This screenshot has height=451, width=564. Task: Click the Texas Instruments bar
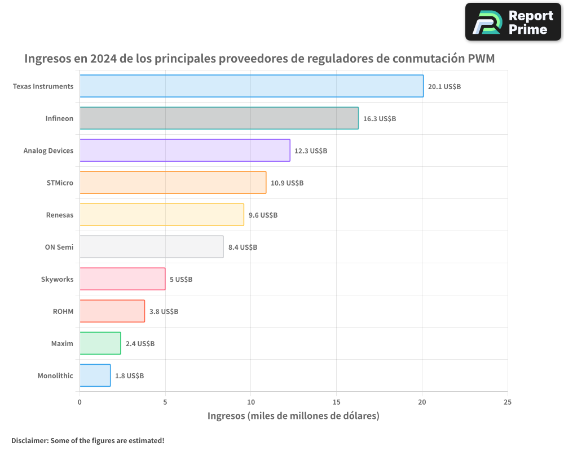pyautogui.click(x=252, y=86)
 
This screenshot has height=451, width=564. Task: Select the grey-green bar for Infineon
pyautogui.click(x=219, y=118)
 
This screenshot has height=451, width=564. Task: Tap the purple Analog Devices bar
pyautogui.click(x=184, y=151)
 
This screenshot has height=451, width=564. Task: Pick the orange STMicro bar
pyautogui.click(x=173, y=183)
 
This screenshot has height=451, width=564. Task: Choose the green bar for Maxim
pyautogui.click(x=100, y=343)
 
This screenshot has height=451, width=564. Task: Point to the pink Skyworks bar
pyautogui.click(x=122, y=279)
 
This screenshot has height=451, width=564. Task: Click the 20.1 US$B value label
pyautogui.click(x=444, y=87)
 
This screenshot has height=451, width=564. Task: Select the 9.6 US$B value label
pyautogui.click(x=263, y=215)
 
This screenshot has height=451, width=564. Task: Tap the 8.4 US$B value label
pyautogui.click(x=243, y=247)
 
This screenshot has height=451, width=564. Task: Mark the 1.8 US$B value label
pyautogui.click(x=129, y=375)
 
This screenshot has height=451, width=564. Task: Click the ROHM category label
pyautogui.click(x=63, y=311)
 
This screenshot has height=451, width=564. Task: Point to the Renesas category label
pyautogui.click(x=60, y=215)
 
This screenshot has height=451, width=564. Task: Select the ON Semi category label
pyautogui.click(x=59, y=247)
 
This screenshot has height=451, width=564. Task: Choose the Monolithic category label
pyautogui.click(x=55, y=375)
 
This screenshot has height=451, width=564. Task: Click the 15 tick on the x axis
pyautogui.click(x=336, y=402)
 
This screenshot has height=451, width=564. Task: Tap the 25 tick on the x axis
pyautogui.click(x=508, y=402)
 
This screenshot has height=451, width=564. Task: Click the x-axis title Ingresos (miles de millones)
pyautogui.click(x=293, y=416)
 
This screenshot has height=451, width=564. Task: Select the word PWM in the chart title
pyautogui.click(x=481, y=59)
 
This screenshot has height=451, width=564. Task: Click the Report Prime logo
pyautogui.click(x=513, y=22)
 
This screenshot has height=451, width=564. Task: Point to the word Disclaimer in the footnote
pyautogui.click(x=29, y=440)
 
